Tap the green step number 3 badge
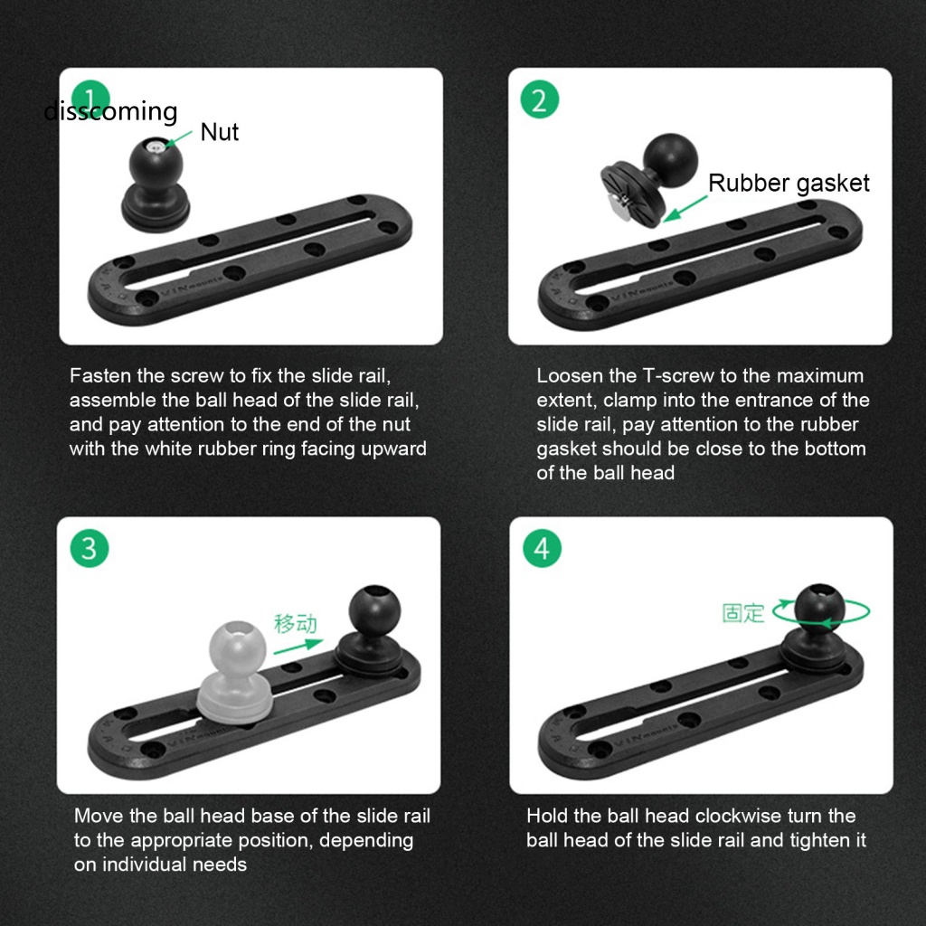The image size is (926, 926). pyautogui.click(x=90, y=548)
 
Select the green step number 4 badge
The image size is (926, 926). pyautogui.click(x=542, y=548)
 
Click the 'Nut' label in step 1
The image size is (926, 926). pyautogui.click(x=219, y=132)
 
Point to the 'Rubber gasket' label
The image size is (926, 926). pyautogui.click(x=789, y=183)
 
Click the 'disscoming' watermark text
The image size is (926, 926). pyautogui.click(x=111, y=111)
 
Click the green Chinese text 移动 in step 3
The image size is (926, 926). pyautogui.click(x=296, y=623)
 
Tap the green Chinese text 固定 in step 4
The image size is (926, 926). pyautogui.click(x=743, y=612)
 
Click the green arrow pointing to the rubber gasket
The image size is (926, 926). pyautogui.click(x=685, y=207)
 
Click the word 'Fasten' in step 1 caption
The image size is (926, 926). pyautogui.click(x=99, y=376)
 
